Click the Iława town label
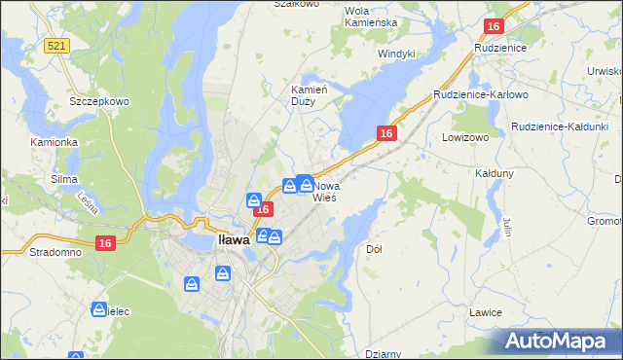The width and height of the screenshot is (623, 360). coord(233,239)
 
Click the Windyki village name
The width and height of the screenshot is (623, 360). coord(396,54)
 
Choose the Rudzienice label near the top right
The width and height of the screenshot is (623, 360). coord(499,47)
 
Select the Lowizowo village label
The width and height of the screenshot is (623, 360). coord(464,138)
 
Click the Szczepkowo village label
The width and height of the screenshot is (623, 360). coord(93,101)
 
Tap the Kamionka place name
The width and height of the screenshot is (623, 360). coord(54,142)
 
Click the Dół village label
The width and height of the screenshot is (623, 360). coord(374,249)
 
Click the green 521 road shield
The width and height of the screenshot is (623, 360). coord(56,46)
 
